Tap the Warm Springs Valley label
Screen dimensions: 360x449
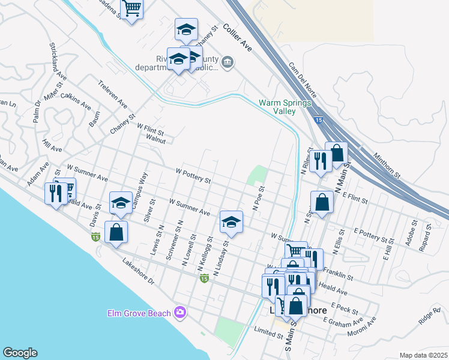[285, 107]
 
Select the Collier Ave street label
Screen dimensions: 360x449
[238, 37]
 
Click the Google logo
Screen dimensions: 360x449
[20, 353]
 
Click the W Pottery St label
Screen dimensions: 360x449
[193, 175]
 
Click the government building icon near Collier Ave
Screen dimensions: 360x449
[228, 62]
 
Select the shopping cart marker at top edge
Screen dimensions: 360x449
[133, 8]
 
